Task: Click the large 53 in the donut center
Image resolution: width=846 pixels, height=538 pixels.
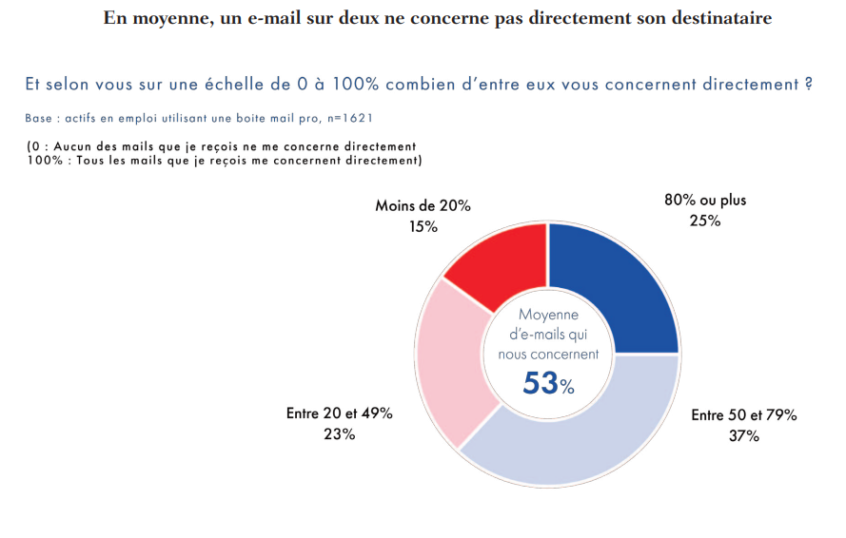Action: pyautogui.click(x=540, y=382)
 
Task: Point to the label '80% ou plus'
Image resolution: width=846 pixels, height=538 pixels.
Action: pyautogui.click(x=704, y=201)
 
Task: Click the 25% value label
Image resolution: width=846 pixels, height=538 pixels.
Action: pyautogui.click(x=704, y=221)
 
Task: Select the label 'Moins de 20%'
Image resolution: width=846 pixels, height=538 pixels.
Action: pyautogui.click(x=423, y=206)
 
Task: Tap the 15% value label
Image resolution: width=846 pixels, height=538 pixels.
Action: pyautogui.click(x=423, y=226)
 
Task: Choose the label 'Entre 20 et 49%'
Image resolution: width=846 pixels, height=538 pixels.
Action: pyautogui.click(x=339, y=413)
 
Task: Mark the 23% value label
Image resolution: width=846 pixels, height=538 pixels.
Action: pyautogui.click(x=339, y=434)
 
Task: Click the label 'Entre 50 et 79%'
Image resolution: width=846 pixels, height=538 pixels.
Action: pyautogui.click(x=743, y=415)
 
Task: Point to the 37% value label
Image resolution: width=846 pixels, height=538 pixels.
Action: pyautogui.click(x=743, y=436)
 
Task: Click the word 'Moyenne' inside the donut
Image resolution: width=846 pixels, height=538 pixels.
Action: pyautogui.click(x=548, y=315)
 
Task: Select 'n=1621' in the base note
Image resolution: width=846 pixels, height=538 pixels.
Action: pyautogui.click(x=351, y=118)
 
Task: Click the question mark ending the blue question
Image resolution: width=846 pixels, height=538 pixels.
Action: pyautogui.click(x=807, y=85)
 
